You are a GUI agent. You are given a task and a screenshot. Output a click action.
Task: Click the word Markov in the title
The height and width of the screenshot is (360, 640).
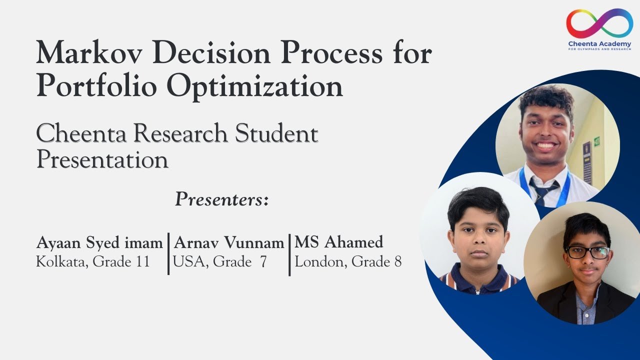tap(89, 53)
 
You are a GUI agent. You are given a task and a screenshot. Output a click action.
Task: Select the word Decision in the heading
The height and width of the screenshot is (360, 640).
tap(211, 53)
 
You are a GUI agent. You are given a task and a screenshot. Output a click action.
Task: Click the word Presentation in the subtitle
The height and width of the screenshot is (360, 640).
tap(102, 159)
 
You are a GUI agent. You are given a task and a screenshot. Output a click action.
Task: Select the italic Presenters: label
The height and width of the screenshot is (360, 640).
tap(222, 199)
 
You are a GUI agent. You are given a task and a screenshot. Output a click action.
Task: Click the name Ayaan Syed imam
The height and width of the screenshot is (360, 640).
tap(99, 243)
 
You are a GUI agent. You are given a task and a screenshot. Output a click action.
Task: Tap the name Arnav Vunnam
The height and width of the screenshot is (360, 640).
tap(229, 243)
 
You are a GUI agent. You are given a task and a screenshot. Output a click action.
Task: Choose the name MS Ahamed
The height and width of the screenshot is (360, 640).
tap(339, 242)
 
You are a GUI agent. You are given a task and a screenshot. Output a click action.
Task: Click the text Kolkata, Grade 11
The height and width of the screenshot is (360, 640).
tap(93, 261)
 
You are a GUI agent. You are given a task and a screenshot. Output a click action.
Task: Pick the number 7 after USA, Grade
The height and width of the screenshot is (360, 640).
tap(263, 261)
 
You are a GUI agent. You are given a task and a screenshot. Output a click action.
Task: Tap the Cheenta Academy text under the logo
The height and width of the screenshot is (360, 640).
tap(599, 44)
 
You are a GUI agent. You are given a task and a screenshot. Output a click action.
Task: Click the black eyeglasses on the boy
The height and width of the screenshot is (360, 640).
tap(588, 252)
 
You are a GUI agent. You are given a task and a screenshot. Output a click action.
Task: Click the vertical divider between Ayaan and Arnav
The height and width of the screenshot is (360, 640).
tap(168, 253)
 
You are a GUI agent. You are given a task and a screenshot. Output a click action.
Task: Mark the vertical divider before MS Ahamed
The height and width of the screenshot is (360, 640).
tap(289, 255)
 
